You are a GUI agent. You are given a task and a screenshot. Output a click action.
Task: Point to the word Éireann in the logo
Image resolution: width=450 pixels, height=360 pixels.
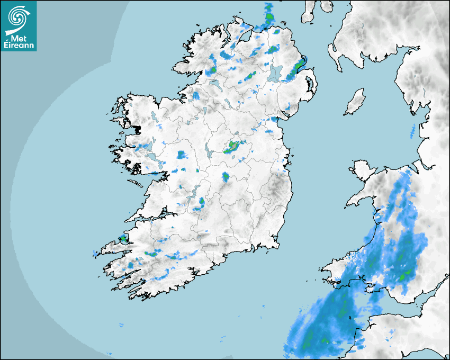[19, 45]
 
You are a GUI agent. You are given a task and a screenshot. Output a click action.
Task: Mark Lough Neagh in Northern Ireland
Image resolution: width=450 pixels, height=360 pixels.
[276, 73]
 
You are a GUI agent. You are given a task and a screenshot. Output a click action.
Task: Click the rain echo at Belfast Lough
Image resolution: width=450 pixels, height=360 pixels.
[300, 66]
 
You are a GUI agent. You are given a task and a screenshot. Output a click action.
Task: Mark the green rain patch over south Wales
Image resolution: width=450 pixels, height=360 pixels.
[407, 274]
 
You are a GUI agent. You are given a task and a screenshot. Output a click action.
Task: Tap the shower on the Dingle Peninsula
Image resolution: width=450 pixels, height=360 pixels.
[122, 239]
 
